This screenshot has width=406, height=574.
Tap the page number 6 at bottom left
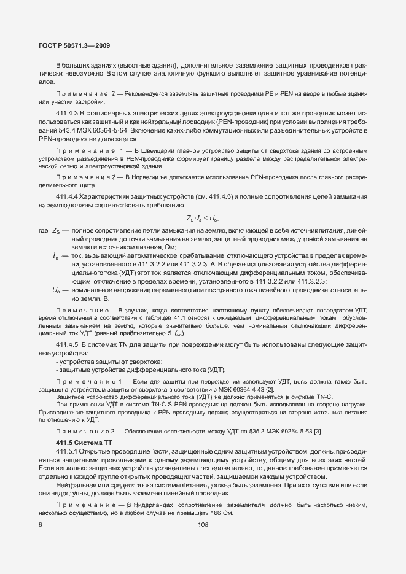40,524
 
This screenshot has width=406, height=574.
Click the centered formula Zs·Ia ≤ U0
203,218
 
